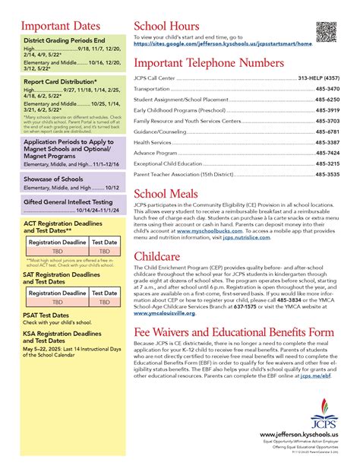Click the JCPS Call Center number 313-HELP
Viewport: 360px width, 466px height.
point(318,78)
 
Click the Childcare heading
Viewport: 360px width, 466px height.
point(159,256)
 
